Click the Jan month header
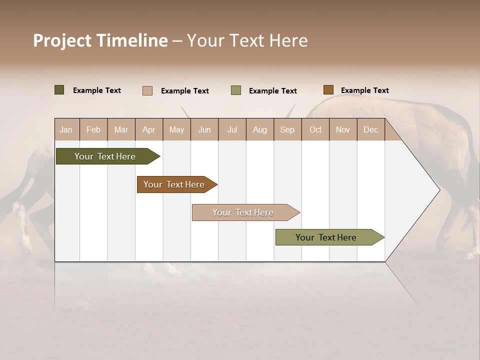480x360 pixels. coord(66,129)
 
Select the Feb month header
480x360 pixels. coord(93,129)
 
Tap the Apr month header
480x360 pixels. coord(148,129)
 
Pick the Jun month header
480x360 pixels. coord(204,129)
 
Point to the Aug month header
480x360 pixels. coord(259,129)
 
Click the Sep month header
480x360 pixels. coord(287,129)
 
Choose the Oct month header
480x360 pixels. coord(315,129)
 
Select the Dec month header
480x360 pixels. coord(370,129)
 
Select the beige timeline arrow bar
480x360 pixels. coord(244,212)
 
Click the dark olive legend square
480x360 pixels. coord(59,90)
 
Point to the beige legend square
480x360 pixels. coord(147,90)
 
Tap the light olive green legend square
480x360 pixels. coord(236,90)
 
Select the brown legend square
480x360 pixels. coord(328,90)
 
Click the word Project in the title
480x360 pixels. coord(62,40)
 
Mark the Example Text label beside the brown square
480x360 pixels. coord(364,90)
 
